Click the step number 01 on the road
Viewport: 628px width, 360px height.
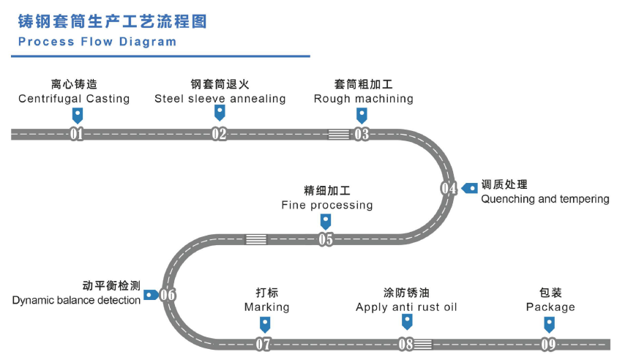coord(76,134)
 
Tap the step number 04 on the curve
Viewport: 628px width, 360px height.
coord(449,188)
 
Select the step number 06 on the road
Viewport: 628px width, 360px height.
coord(168,296)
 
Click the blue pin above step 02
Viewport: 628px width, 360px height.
coord(219,112)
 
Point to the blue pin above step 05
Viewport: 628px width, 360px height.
coord(326,220)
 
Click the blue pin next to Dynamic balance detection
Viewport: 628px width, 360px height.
coord(151,295)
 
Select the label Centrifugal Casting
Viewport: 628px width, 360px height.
coord(74,99)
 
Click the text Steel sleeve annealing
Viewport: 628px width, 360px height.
coord(220,99)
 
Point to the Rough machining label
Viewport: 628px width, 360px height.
coord(363,99)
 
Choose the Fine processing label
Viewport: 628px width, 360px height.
coord(326,206)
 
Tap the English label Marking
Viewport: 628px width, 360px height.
coord(266,307)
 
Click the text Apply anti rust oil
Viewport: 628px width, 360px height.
coord(406,307)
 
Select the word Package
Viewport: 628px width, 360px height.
coord(550,307)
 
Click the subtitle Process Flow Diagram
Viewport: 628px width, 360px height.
coord(97,42)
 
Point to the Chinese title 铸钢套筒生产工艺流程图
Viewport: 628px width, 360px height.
coord(112,20)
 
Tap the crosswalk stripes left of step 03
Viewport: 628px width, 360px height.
coord(338,134)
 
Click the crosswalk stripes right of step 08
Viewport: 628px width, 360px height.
coord(423,344)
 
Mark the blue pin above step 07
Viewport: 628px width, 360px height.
coord(264,323)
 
